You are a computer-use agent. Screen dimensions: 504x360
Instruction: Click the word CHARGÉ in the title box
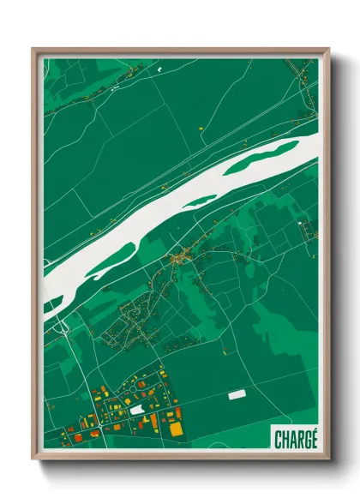(296, 439)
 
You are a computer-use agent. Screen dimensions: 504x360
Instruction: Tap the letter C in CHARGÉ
(279, 439)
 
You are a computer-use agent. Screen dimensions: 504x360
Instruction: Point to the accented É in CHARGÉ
(313, 438)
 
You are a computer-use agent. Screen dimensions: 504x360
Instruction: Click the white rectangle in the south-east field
(237, 395)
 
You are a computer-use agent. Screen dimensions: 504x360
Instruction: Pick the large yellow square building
(176, 428)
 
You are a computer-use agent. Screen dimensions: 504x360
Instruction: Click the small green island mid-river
(201, 201)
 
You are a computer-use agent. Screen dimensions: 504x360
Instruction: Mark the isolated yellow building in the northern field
(199, 128)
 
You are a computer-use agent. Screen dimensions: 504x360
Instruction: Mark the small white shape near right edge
(301, 224)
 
